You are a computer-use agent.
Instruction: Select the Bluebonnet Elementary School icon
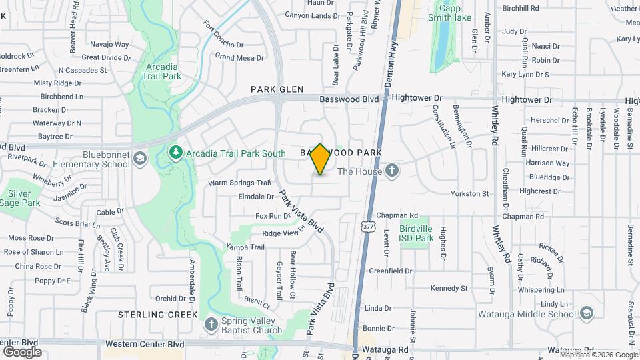click(x=140, y=159)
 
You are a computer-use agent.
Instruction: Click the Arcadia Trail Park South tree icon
click(x=176, y=153)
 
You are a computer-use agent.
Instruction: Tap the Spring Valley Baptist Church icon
click(x=211, y=325)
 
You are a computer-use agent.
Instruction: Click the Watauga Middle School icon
click(x=586, y=314)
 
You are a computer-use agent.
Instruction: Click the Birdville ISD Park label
click(x=416, y=233)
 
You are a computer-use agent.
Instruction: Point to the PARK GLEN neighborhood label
click(x=277, y=89)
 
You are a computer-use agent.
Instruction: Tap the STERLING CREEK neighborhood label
click(x=158, y=314)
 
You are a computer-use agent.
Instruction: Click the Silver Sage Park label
click(x=20, y=198)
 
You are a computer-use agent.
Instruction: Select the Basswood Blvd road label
click(x=349, y=99)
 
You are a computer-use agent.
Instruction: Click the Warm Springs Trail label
click(x=239, y=183)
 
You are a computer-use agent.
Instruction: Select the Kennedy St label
click(x=449, y=289)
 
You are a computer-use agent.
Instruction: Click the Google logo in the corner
click(x=21, y=351)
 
